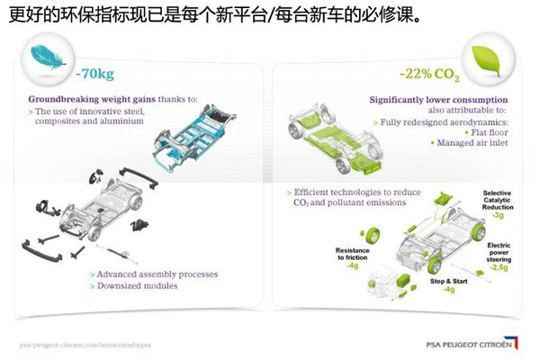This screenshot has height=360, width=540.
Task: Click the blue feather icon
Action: pos(48,58)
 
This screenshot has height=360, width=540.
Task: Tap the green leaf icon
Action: pos(486,61)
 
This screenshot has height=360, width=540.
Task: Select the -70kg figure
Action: pos(94,74)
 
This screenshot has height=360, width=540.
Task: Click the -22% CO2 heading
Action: pos(429,75)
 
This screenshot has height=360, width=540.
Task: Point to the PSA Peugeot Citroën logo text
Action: pos(469,345)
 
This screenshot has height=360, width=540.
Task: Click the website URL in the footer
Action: pos(85,345)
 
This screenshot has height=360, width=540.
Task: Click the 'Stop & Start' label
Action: pos(449,282)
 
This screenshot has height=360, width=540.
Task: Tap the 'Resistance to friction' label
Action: pos(352,254)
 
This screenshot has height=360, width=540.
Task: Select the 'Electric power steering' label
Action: pos(499,253)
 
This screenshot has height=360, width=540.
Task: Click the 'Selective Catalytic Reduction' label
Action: pos(498,200)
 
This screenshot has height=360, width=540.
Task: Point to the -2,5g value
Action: pos(499,267)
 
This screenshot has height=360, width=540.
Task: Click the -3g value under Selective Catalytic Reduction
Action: pos(498,215)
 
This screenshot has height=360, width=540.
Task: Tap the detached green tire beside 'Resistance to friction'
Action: pos(371,235)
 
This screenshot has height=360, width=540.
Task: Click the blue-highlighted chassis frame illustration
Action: pos(193,138)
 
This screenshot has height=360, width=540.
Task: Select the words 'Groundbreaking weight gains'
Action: pos(92,99)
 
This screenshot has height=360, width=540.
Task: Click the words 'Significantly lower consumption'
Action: pos(439,100)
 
